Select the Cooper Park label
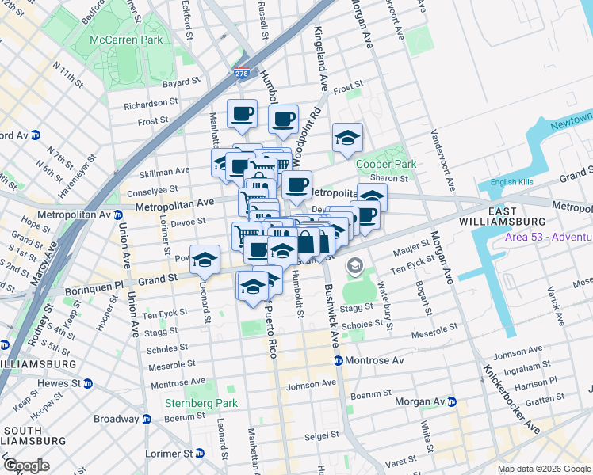click(x=386, y=164)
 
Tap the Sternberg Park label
click(x=201, y=403)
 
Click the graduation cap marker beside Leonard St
click(x=205, y=260)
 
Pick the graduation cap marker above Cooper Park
click(x=347, y=137)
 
